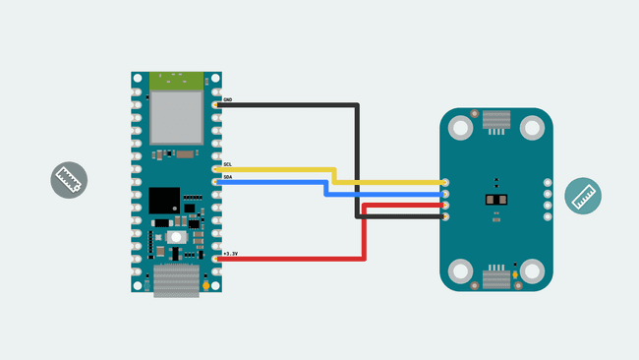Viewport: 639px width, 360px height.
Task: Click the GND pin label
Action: [x=228, y=100]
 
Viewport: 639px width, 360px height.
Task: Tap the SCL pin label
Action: [x=228, y=164]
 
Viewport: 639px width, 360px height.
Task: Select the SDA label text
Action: [x=228, y=177]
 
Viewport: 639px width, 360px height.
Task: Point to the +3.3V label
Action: [x=231, y=254]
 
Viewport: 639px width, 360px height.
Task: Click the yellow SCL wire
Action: [x=295, y=169]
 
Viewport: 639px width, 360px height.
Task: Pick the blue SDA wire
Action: [x=285, y=182]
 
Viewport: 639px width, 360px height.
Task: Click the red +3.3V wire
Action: [x=295, y=260]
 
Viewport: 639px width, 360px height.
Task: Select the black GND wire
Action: [x=295, y=104]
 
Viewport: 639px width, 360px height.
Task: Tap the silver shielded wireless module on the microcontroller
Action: [x=177, y=117]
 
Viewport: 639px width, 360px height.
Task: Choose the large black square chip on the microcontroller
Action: [x=164, y=201]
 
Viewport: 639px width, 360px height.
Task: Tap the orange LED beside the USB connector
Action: [x=205, y=286]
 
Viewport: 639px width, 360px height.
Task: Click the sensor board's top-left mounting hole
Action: [x=459, y=127]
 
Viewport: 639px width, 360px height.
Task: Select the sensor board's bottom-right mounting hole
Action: [x=533, y=271]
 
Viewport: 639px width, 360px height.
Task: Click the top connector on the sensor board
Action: [x=495, y=121]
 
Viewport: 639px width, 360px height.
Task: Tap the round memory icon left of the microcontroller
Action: [x=70, y=180]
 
